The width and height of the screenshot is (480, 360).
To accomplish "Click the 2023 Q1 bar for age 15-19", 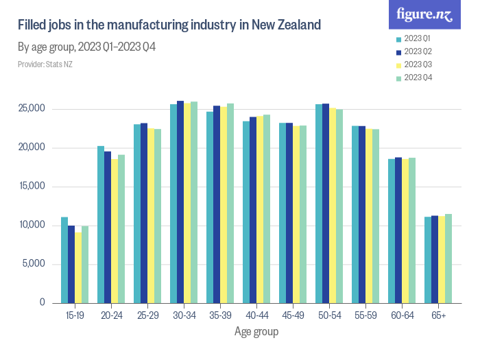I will point(64,260).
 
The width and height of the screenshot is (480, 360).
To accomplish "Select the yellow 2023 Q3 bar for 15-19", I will point(78,267).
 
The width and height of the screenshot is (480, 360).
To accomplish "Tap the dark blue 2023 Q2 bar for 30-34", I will point(180,202).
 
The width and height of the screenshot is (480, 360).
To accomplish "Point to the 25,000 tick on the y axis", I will point(32,109).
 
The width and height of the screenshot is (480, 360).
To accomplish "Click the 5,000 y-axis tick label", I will point(34,264).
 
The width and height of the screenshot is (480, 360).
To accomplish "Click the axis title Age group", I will point(256,332).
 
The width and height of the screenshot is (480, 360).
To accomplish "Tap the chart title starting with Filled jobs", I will point(169,26).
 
